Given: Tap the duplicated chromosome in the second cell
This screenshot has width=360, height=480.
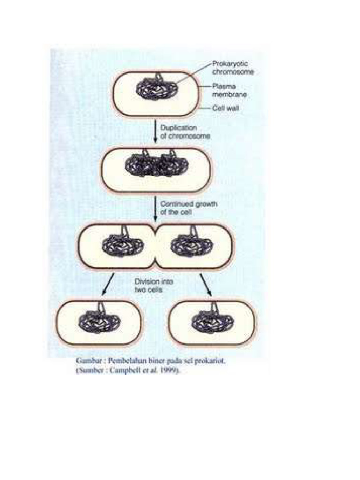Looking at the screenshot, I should [156, 165].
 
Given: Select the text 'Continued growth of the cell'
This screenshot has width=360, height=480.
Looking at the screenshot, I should [185, 208].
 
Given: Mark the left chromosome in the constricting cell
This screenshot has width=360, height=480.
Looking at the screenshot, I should [123, 244].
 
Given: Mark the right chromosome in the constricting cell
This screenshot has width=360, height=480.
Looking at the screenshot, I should [190, 244].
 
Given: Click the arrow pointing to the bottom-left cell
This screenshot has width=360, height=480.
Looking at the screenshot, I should [108, 284].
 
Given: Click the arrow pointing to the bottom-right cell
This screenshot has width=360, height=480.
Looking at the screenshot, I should [205, 284].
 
